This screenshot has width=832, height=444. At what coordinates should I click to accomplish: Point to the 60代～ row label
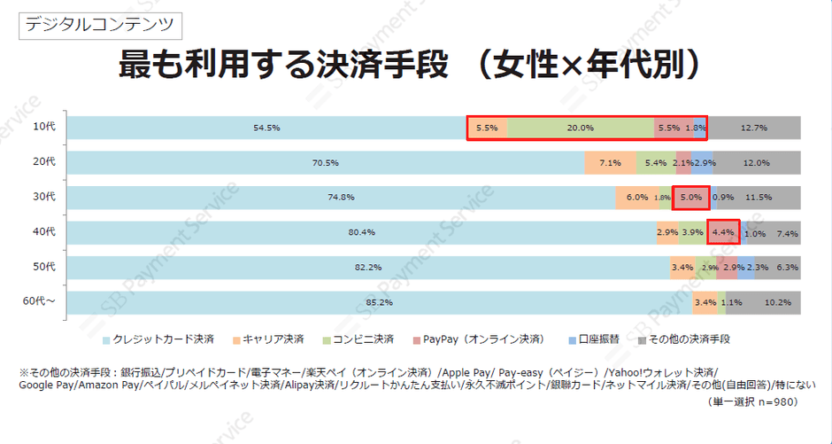point(39,301)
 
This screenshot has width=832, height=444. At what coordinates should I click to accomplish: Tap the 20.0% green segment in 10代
point(580,128)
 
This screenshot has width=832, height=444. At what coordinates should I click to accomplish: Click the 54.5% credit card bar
point(266,128)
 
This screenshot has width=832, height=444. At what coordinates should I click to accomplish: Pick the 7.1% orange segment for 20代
point(610,163)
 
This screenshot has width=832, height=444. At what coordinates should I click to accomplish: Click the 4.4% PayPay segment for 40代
point(723,232)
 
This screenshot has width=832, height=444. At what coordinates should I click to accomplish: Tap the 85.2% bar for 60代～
point(379,302)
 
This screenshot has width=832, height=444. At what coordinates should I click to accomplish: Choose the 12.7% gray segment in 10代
point(754,128)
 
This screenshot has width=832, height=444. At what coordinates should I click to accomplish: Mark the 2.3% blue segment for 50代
point(758,267)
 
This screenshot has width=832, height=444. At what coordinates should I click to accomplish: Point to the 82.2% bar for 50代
point(367,267)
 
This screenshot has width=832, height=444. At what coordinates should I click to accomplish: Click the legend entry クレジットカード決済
point(158,339)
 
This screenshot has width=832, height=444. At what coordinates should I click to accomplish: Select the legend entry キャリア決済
point(269,339)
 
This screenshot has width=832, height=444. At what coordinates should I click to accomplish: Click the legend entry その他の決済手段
point(682,339)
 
